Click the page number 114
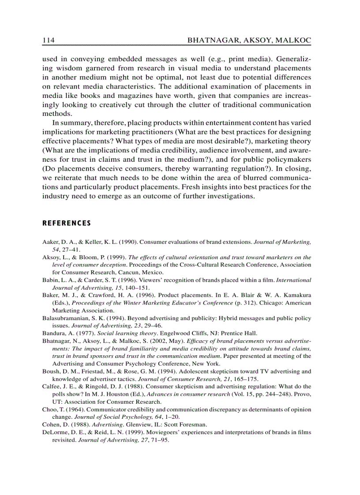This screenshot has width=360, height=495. click(48, 41)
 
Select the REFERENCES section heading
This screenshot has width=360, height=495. click(66, 223)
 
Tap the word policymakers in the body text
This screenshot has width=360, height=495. click(290, 159)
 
